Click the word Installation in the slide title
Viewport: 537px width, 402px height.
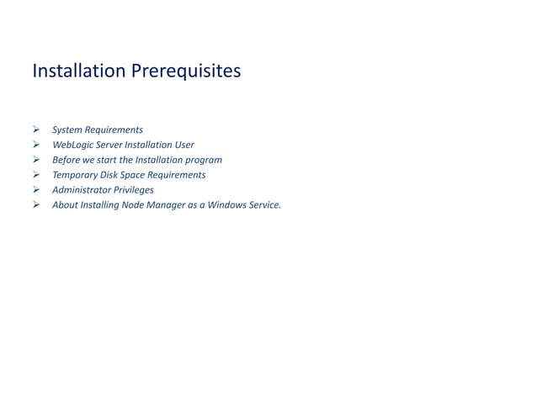tap(78, 71)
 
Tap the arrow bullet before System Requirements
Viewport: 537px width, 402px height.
tap(36, 130)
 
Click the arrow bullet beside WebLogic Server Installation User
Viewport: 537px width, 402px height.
tap(36, 145)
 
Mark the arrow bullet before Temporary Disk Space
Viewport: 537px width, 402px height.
tap(36, 175)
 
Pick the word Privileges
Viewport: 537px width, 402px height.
tap(135, 190)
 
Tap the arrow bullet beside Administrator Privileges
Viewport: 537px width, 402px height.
tap(36, 190)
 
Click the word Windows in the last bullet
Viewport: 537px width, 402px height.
tap(227, 204)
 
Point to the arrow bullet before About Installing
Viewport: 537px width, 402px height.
tap(36, 204)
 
